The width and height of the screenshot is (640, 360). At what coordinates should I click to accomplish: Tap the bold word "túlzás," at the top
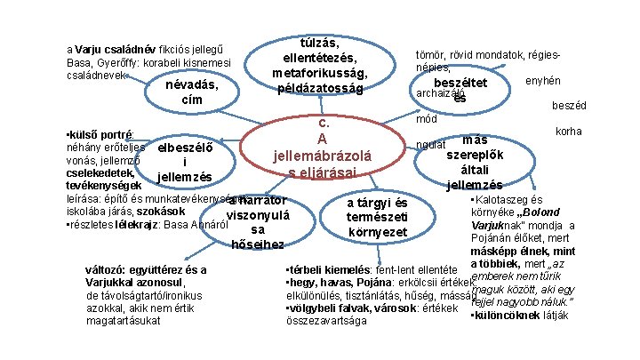[x=323, y=41]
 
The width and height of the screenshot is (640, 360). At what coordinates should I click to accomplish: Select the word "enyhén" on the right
[x=543, y=80]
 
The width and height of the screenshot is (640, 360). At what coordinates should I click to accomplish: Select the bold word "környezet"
[x=378, y=232]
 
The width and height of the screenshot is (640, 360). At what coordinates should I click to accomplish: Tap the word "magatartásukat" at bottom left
[x=101, y=319]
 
